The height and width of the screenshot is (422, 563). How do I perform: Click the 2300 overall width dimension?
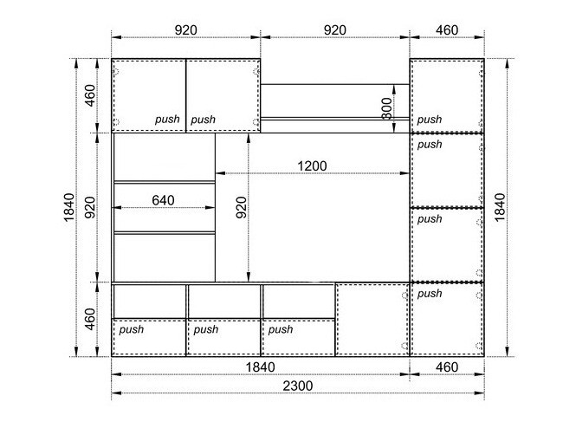point(298,386)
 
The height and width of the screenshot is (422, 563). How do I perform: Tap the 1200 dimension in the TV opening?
point(312,166)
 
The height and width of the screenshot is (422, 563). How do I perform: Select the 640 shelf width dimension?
point(163,200)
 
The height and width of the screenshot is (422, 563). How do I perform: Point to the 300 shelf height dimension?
point(387,108)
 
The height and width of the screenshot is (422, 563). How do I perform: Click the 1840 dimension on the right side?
point(500,207)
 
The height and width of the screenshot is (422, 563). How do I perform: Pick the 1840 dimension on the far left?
point(69,207)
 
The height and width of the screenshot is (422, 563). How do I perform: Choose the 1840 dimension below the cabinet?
point(261,367)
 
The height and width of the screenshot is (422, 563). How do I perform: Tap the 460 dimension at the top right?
point(447,29)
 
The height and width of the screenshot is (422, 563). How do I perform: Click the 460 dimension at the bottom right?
point(447,367)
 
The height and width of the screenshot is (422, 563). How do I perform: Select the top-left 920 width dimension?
point(185,29)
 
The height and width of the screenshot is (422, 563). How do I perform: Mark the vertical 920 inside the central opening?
point(242,207)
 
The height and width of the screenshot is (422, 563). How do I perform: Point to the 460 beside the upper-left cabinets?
point(90,95)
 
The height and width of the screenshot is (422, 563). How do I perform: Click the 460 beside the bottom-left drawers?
point(90,319)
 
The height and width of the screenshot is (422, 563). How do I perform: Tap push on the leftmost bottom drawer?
point(132,329)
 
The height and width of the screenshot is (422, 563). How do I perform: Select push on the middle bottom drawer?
point(206,329)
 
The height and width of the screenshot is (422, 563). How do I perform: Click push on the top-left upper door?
point(167,120)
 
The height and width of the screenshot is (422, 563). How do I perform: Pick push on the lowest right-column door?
point(430,294)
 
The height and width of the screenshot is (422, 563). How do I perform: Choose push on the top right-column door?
point(430,120)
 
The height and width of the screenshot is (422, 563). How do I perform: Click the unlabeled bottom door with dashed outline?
point(372,319)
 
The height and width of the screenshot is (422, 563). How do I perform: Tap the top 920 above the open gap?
point(335,29)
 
